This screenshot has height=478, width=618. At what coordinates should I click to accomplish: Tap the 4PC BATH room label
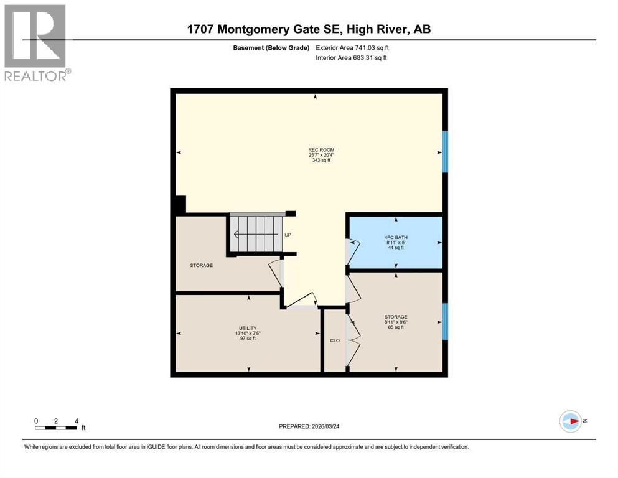[x=395, y=237]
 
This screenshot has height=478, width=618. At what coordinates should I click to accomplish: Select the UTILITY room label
[x=248, y=328]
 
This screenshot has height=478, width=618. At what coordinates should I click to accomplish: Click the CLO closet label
[x=334, y=340]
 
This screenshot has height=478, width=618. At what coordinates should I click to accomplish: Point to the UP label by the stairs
[x=288, y=235]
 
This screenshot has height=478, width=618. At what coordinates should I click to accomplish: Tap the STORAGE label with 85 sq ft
[x=395, y=317]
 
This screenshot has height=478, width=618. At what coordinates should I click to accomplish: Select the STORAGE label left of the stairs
[x=201, y=265]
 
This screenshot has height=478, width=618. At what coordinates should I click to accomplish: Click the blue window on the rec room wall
[x=445, y=151]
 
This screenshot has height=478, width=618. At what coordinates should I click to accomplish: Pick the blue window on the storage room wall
[x=445, y=322]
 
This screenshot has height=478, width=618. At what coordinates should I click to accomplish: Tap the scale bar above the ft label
[x=56, y=428]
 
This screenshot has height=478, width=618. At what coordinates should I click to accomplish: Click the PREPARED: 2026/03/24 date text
[x=315, y=426]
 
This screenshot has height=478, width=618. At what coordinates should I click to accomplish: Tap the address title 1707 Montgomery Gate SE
[x=309, y=29]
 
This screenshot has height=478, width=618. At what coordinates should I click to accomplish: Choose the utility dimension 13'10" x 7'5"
[x=248, y=333]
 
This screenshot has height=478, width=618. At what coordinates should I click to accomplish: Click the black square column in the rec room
[x=180, y=205]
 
